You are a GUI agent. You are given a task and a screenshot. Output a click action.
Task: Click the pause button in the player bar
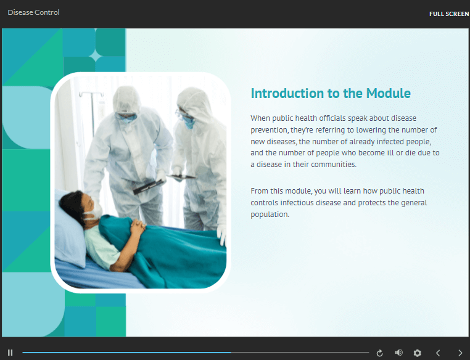click(x=10, y=353)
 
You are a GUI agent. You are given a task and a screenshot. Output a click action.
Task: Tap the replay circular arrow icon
click(x=379, y=353)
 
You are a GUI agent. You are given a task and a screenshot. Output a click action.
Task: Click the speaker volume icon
click(x=398, y=353)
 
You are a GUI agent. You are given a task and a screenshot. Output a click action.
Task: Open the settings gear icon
click(x=417, y=353)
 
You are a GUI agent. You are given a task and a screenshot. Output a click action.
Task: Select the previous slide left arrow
click(x=438, y=353)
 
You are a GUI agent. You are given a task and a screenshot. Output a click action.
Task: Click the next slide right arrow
click(x=460, y=353)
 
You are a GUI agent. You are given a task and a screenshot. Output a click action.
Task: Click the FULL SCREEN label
click(x=449, y=14)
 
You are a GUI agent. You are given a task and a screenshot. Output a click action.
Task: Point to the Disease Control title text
click(x=33, y=12)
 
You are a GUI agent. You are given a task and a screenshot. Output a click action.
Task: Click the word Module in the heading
click(x=389, y=94)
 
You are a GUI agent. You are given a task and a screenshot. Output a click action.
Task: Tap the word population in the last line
click(x=270, y=215)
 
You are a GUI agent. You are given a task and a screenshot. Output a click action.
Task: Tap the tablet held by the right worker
click(x=182, y=177)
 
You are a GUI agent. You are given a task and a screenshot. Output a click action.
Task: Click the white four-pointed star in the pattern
click(x=96, y=56)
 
